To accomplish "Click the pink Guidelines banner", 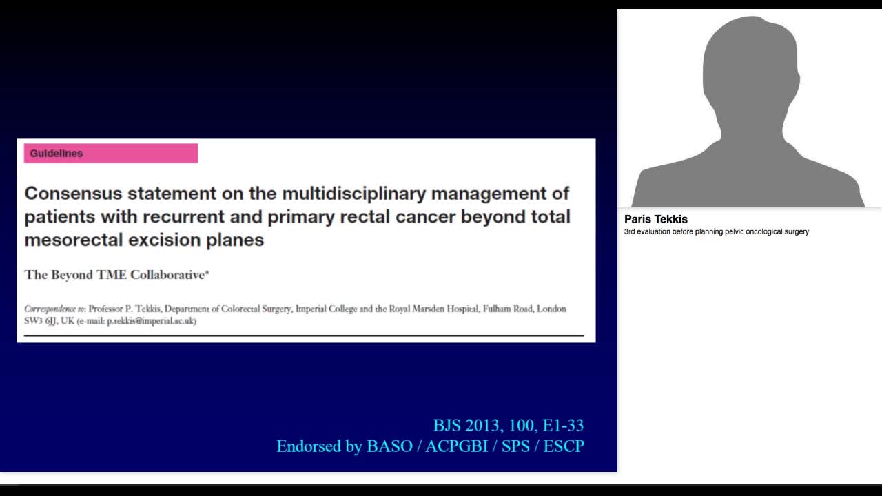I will click(x=110, y=153).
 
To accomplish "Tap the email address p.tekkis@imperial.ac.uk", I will click(x=151, y=321).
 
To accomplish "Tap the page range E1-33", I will click(x=563, y=425).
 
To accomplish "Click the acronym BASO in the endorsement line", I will click(x=389, y=446).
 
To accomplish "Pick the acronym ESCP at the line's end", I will click(x=564, y=446).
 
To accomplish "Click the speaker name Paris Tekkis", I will click(x=656, y=219).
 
